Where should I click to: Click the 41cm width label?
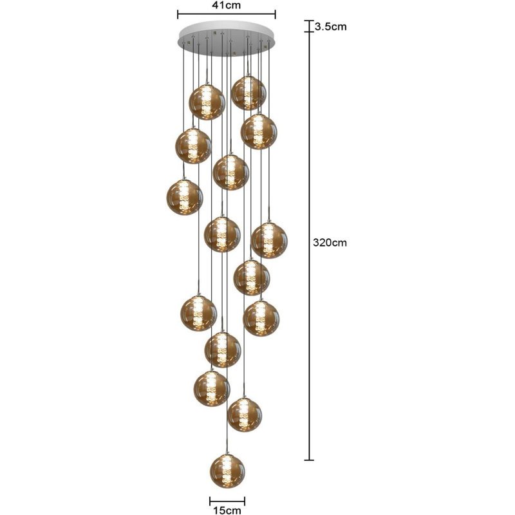[x=226, y=5]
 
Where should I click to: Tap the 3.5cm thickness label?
[x=330, y=26]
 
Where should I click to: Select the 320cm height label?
[x=330, y=243]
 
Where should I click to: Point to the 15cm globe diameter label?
[x=227, y=510]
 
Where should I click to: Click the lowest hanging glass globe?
[x=227, y=471]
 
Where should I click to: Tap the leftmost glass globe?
[x=185, y=198]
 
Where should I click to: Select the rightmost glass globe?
[x=269, y=240]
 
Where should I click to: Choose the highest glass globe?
[x=248, y=93]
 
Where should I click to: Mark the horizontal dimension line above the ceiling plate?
[x=227, y=14]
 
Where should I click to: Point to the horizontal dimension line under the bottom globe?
[x=227, y=501]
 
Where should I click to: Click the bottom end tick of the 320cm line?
[x=309, y=460]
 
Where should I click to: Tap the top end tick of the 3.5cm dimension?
[x=309, y=21]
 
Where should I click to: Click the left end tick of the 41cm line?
[x=178, y=14]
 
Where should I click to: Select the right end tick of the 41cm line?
[x=276, y=14]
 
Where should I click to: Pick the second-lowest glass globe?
[x=245, y=415]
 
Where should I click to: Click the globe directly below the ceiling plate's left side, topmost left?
[x=207, y=102]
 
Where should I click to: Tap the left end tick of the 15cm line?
[x=210, y=501]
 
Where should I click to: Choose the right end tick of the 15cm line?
[x=245, y=501]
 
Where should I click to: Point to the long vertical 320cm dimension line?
[x=309, y=246]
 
